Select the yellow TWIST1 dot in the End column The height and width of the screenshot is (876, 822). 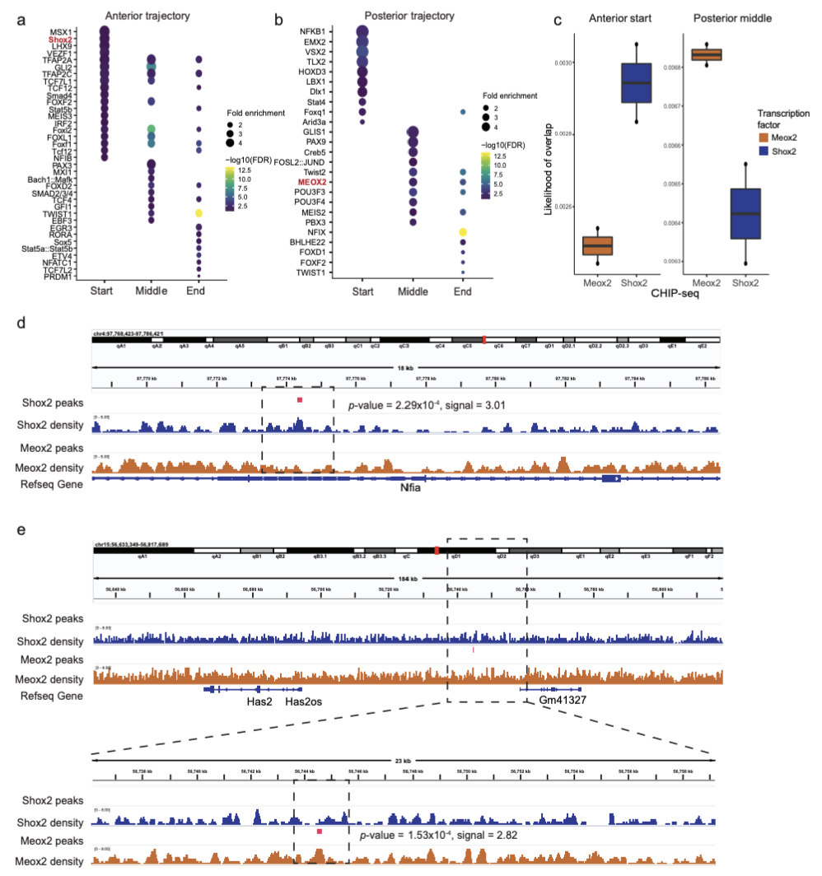(198, 213)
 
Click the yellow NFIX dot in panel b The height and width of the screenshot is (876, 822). (464, 232)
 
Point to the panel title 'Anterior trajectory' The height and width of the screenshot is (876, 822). (150, 16)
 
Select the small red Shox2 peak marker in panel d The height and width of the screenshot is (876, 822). (301, 400)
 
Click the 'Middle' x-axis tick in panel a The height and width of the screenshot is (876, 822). (152, 291)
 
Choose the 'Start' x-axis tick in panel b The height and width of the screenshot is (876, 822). (362, 291)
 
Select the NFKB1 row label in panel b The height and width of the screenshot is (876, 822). (316, 30)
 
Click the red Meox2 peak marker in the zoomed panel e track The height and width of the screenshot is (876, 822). (319, 832)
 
